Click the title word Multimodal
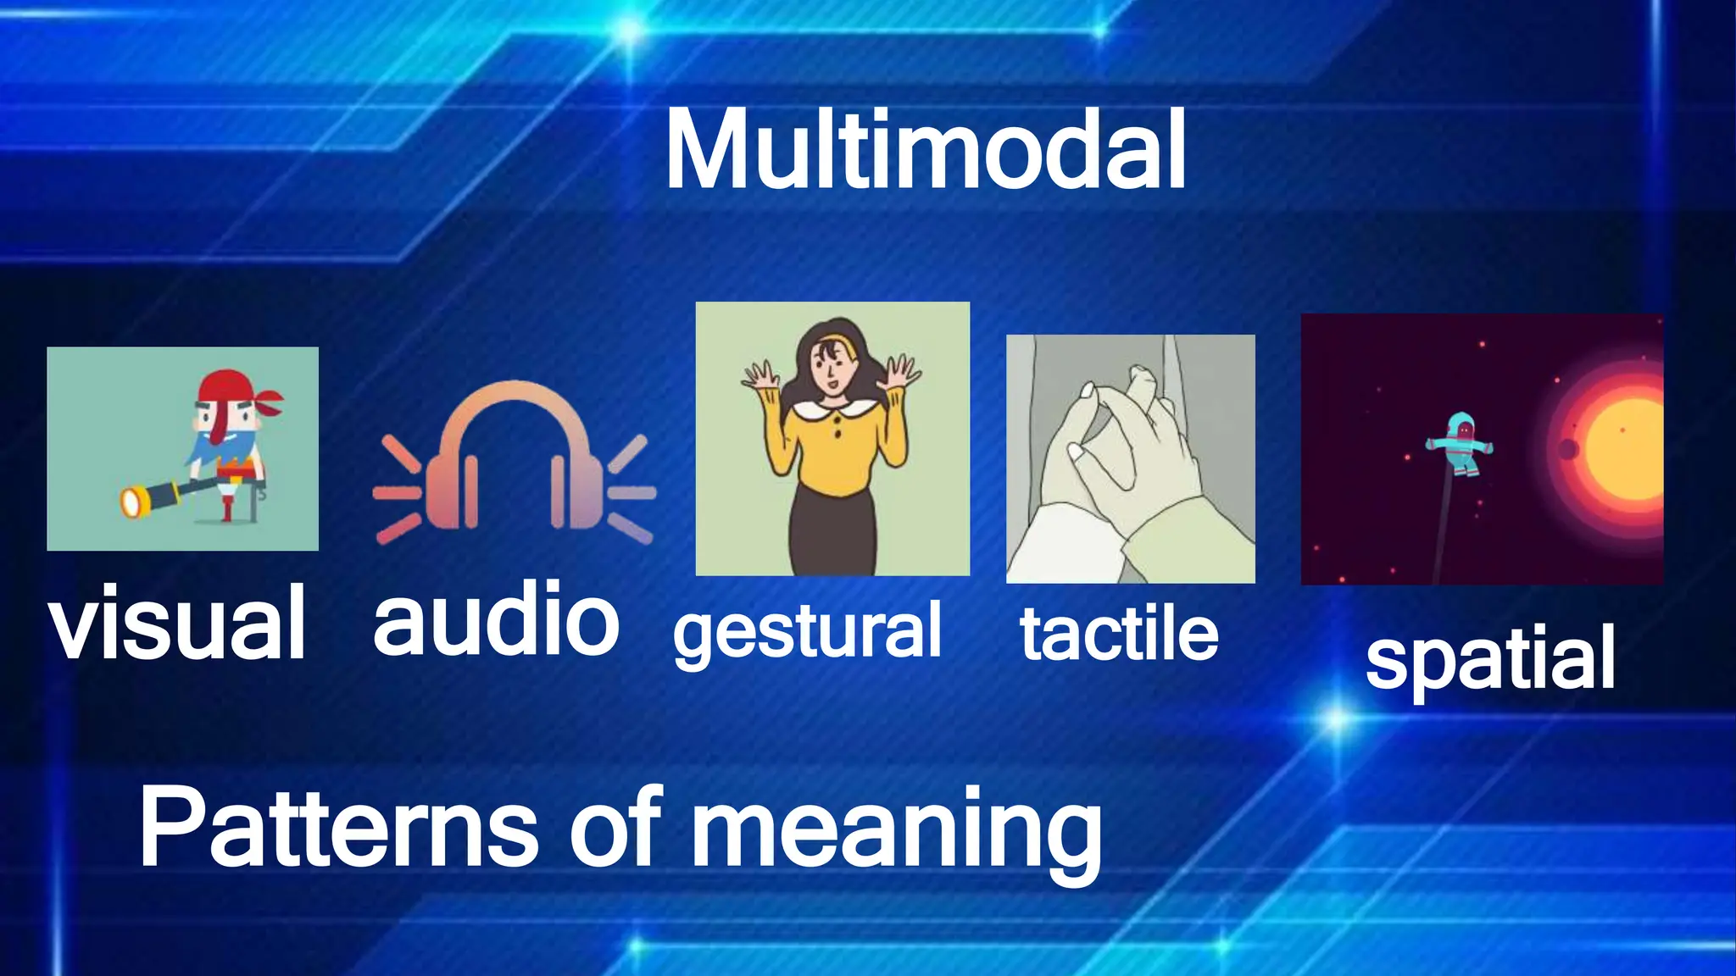(x=926, y=151)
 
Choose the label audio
(x=496, y=618)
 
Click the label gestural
(x=807, y=631)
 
